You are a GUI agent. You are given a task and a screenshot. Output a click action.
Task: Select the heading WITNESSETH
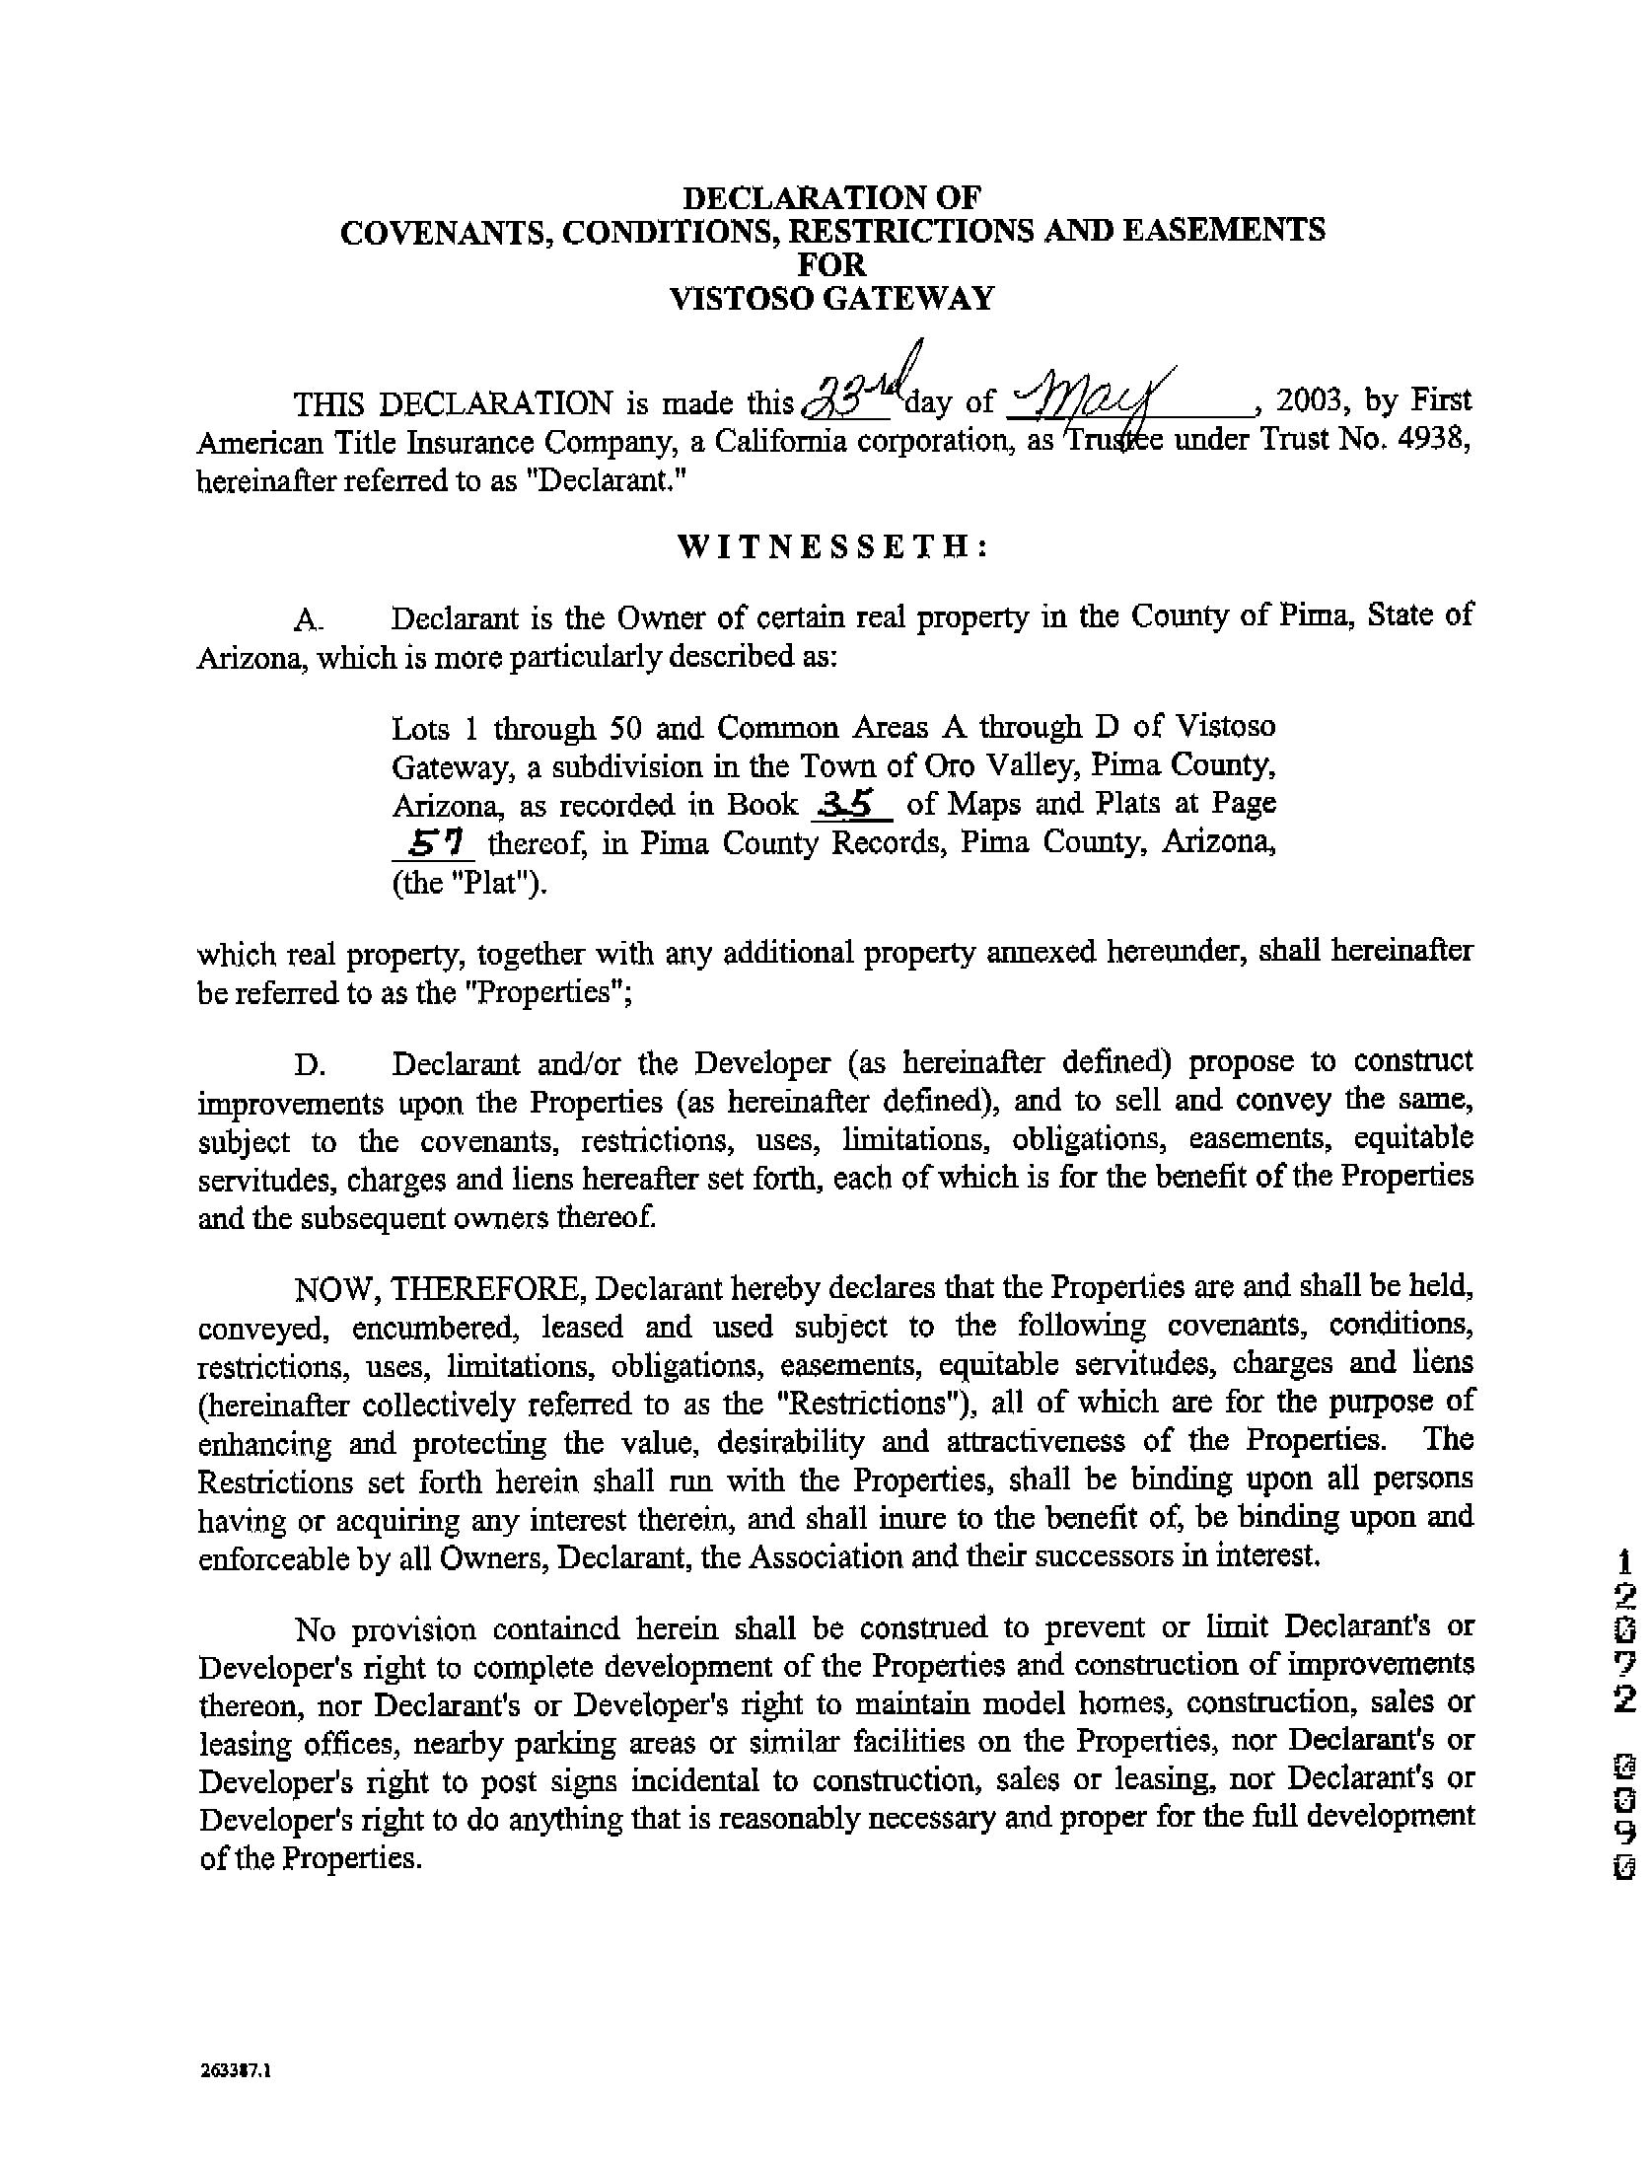click(832, 546)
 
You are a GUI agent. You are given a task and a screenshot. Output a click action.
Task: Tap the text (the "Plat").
click(468, 883)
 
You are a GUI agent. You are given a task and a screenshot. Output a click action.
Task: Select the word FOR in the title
click(830, 263)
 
